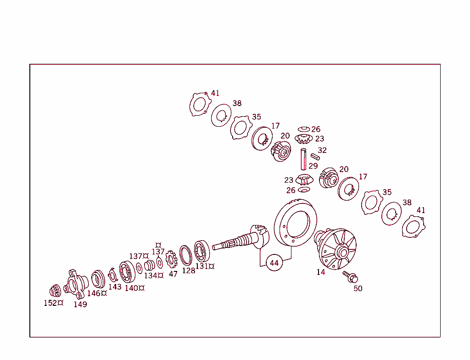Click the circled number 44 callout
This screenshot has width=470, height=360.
[x=274, y=263]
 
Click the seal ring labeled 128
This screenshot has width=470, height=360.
[x=186, y=256]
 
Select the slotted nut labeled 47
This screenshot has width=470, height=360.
[x=172, y=260]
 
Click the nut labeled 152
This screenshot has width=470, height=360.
[x=55, y=291]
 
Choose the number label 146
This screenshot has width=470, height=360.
[x=94, y=293]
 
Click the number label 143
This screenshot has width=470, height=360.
[x=115, y=287]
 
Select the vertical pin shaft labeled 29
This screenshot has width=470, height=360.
[x=303, y=158]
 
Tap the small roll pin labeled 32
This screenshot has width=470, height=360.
[x=315, y=157]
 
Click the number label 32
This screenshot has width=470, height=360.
[x=322, y=150]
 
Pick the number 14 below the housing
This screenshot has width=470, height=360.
[x=320, y=272]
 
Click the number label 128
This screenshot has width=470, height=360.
[x=188, y=270]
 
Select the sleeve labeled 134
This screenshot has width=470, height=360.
[x=149, y=265]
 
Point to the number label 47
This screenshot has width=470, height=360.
[x=173, y=274]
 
